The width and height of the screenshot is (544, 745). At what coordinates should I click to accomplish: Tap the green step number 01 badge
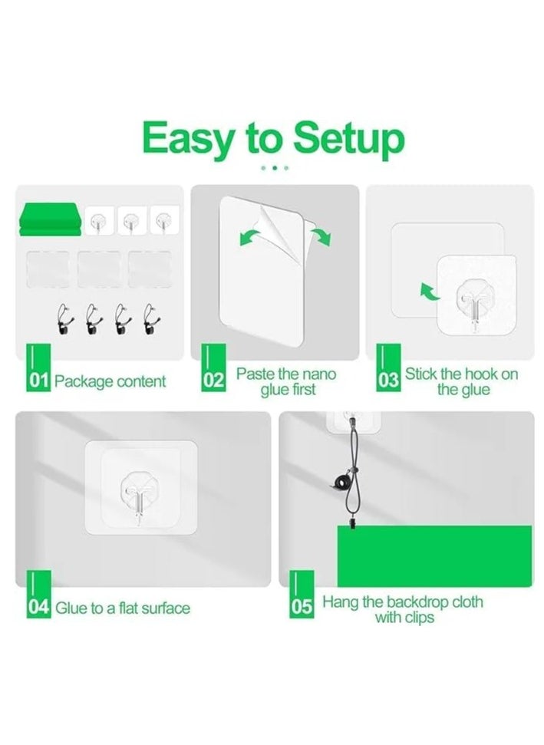click(x=38, y=368)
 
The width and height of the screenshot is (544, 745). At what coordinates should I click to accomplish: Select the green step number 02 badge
click(x=214, y=368)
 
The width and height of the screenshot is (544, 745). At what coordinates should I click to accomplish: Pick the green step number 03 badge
click(x=389, y=368)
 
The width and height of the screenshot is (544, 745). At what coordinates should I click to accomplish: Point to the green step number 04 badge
click(x=38, y=595)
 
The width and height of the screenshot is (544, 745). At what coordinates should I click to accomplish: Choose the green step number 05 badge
click(x=302, y=595)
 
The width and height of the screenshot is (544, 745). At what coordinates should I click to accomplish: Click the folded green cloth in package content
click(x=50, y=219)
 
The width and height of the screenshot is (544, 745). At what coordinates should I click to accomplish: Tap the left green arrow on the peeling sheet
click(x=249, y=237)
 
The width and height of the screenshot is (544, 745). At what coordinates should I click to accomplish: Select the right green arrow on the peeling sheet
click(x=321, y=236)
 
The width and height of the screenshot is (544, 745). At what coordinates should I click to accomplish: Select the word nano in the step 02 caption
click(x=318, y=374)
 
